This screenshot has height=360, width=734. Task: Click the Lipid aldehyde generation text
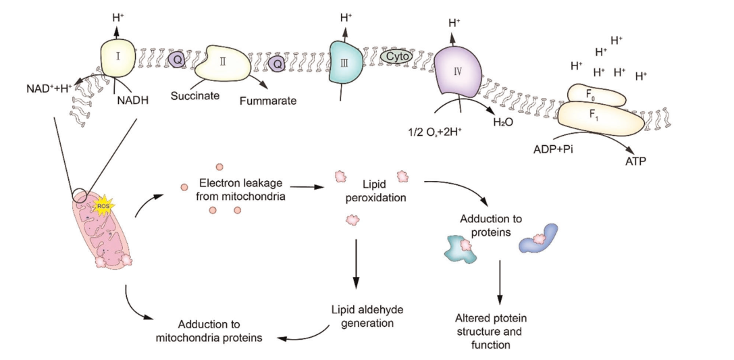[361, 315]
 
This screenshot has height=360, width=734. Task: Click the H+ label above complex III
[346, 16]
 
